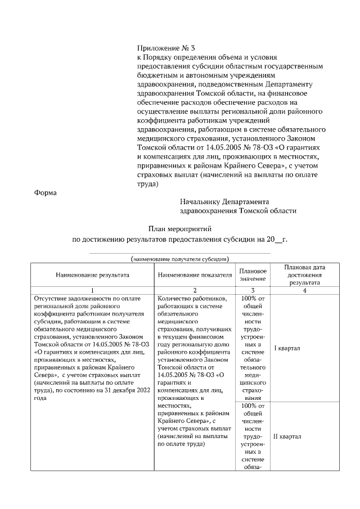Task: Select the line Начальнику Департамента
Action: pyautogui.click(x=224, y=201)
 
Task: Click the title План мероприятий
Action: pyautogui.click(x=179, y=229)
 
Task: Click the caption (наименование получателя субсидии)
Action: pyautogui.click(x=179, y=259)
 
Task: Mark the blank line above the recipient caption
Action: pyautogui.click(x=179, y=254)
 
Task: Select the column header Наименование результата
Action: pyautogui.click(x=92, y=276)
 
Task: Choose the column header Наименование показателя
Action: pyautogui.click(x=195, y=276)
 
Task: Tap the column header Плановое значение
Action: pyautogui.click(x=253, y=275)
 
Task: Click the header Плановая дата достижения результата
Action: pyautogui.click(x=304, y=275)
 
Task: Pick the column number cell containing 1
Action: pyautogui.click(x=92, y=290)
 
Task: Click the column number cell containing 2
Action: pyautogui.click(x=195, y=290)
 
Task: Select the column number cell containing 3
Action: pyautogui.click(x=253, y=290)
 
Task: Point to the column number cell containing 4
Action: pyautogui.click(x=304, y=290)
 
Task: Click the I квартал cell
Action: pyautogui.click(x=286, y=348)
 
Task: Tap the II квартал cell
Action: pyautogui.click(x=287, y=436)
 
